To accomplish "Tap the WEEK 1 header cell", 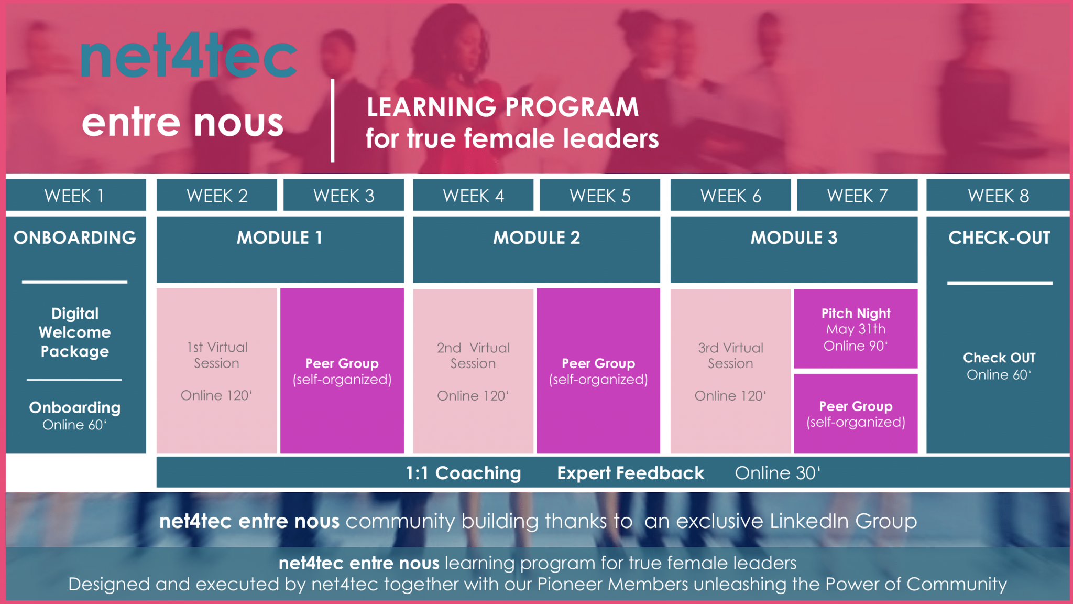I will click(x=75, y=196).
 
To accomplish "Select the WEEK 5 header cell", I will click(x=599, y=196).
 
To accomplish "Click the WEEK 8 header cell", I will click(x=998, y=196).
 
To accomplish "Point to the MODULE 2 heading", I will click(x=536, y=238).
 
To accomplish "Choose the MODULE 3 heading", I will click(x=794, y=238).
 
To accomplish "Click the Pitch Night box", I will click(x=856, y=329).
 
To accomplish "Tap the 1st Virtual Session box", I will click(x=216, y=370).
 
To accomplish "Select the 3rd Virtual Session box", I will click(x=730, y=370).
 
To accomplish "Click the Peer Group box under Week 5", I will click(x=598, y=370).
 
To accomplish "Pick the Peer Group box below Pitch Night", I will click(x=856, y=414).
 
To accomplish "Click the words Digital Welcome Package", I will click(x=75, y=332).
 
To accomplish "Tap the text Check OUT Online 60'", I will click(x=999, y=366).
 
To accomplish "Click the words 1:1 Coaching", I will click(x=463, y=473).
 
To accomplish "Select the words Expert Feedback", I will click(x=630, y=473).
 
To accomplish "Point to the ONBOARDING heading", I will click(x=75, y=238).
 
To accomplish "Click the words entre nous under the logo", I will click(x=182, y=123).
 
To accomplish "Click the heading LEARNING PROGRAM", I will click(x=502, y=107).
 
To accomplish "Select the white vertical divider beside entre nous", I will click(x=333, y=121).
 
